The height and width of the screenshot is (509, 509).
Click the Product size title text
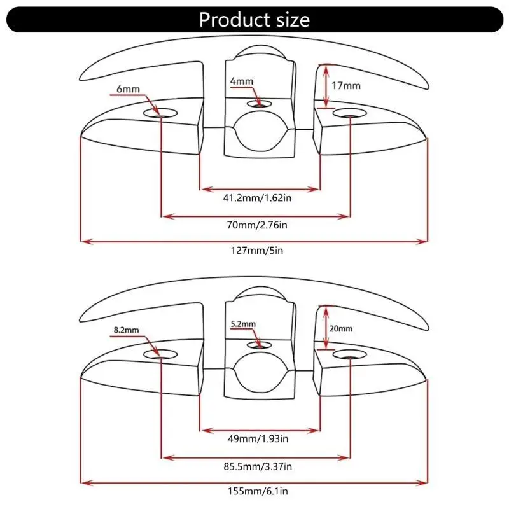click(x=254, y=20)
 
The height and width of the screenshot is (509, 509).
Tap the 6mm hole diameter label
click(x=128, y=88)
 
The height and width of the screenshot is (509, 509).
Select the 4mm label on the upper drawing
click(x=242, y=81)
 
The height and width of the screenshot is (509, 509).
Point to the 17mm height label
click(x=345, y=86)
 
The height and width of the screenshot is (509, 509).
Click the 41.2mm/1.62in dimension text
click(x=257, y=198)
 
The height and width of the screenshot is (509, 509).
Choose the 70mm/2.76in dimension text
click(x=257, y=225)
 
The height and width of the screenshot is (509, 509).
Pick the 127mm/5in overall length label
click(x=257, y=251)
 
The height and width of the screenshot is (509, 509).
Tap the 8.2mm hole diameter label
click(x=126, y=330)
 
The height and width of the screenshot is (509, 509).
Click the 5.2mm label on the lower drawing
click(x=243, y=324)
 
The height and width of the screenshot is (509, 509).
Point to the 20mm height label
click(x=341, y=329)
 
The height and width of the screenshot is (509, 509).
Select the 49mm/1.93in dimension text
click(x=258, y=439)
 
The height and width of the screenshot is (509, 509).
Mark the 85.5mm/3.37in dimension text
click(x=258, y=466)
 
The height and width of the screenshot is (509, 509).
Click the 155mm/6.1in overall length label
click(x=258, y=491)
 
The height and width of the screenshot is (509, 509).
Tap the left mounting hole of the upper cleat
click(x=160, y=113)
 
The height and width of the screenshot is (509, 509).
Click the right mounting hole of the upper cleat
click(x=349, y=113)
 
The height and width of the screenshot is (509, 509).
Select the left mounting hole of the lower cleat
click(x=160, y=354)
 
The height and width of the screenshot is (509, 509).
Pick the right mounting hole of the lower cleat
click(x=349, y=354)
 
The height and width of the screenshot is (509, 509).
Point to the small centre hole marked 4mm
click(x=259, y=104)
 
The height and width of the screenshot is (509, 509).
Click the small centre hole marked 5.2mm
click(x=259, y=345)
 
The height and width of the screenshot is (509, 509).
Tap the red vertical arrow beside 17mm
click(x=326, y=86)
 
